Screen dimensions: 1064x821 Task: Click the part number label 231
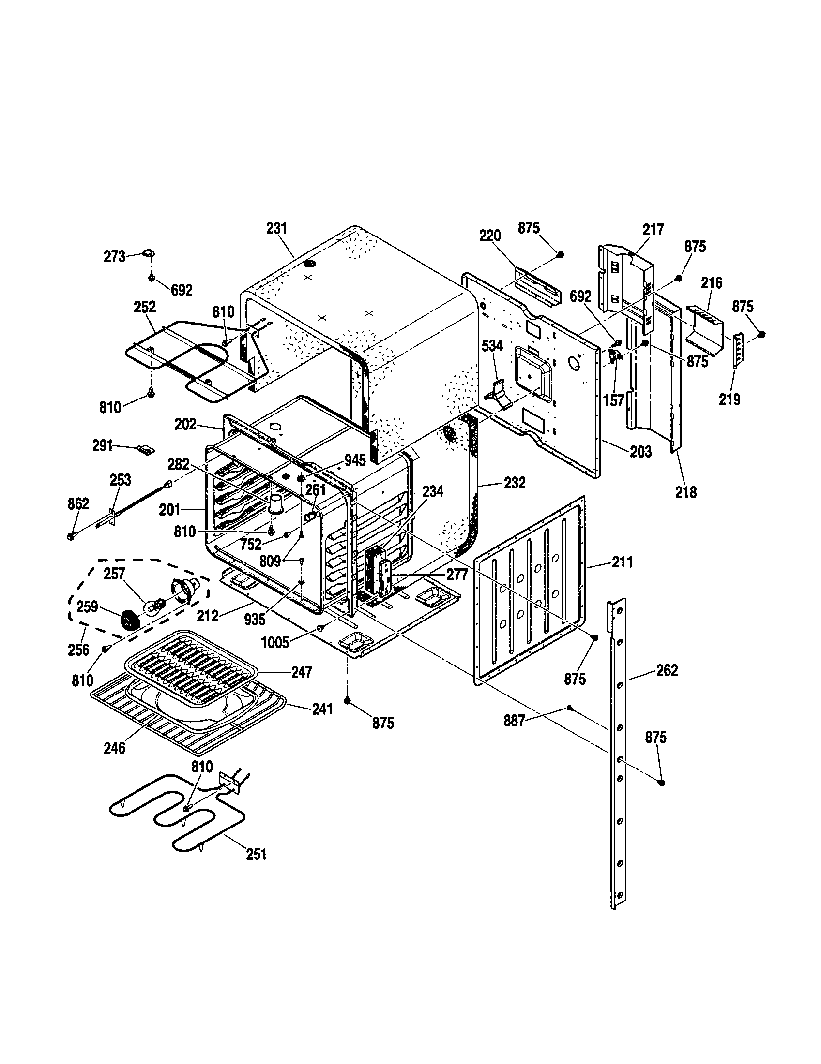[x=276, y=228]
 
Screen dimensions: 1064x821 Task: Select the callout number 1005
[x=275, y=643]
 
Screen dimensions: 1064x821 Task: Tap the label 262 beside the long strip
[x=667, y=671]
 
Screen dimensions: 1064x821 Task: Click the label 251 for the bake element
[x=257, y=854]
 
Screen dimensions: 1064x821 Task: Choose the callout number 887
[x=514, y=721]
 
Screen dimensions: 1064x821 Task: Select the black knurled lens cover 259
[x=130, y=621]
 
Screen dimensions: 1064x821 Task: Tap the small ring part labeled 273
[x=149, y=253]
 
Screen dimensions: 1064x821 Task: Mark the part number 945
[x=355, y=460]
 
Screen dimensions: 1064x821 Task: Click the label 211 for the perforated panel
[x=622, y=562]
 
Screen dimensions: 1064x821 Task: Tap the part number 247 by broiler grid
[x=301, y=672]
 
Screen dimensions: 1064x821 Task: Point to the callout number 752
[x=251, y=545]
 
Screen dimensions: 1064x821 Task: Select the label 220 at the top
[x=489, y=236]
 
